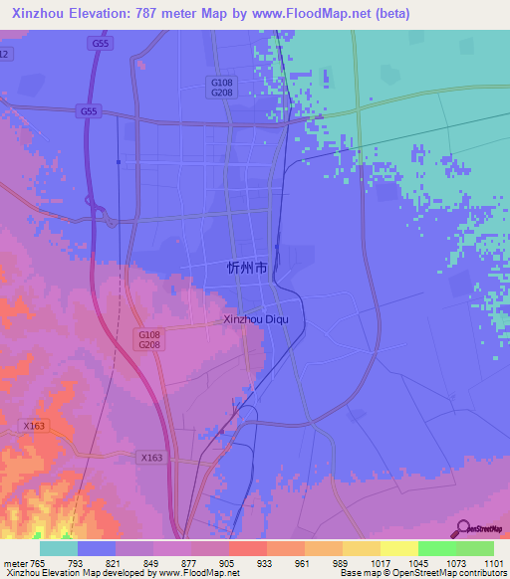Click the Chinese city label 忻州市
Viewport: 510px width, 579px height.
(x=247, y=268)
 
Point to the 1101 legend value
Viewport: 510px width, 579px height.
(x=494, y=562)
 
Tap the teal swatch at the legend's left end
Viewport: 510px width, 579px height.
(x=59, y=548)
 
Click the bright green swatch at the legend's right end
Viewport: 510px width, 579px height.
(x=474, y=548)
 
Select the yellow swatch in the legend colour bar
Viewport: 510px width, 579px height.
(x=398, y=548)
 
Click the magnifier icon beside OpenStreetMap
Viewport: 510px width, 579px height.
(x=461, y=528)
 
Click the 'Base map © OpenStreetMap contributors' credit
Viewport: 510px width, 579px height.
(x=424, y=573)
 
